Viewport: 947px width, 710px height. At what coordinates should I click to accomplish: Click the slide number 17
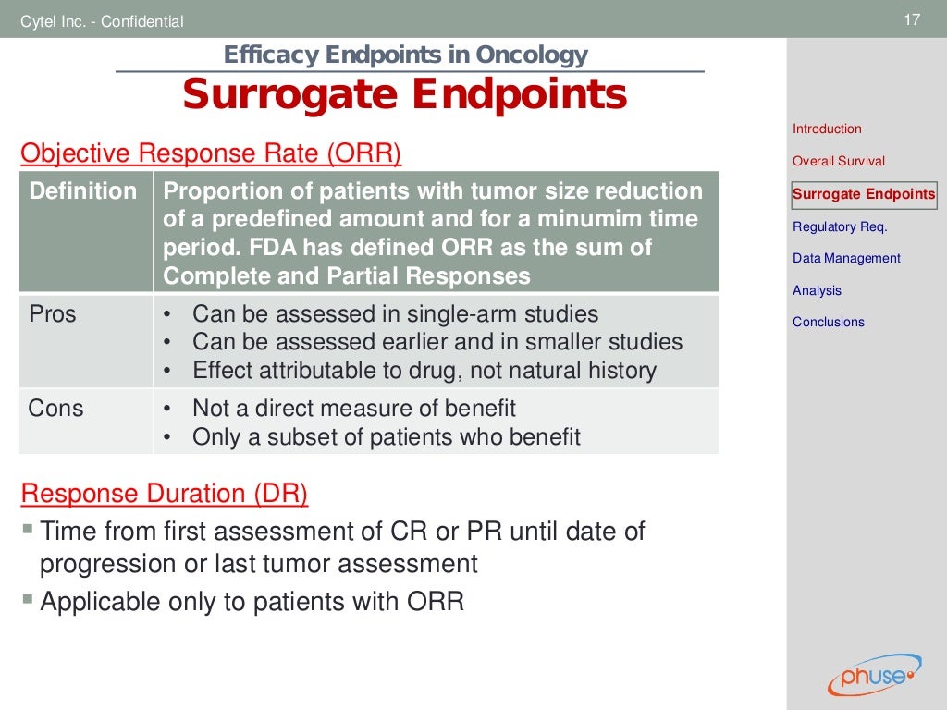click(912, 19)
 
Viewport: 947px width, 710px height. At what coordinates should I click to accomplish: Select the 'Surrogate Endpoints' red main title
click(404, 95)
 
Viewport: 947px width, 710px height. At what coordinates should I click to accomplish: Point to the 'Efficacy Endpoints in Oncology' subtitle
click(405, 55)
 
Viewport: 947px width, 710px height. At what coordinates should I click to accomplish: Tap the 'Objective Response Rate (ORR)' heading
click(211, 153)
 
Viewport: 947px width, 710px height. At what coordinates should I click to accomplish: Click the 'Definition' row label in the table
click(83, 191)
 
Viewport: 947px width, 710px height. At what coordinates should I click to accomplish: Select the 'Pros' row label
click(53, 314)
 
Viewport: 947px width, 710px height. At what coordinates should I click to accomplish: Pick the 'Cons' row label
click(55, 408)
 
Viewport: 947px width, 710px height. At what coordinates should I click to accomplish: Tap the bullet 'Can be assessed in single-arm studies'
click(395, 314)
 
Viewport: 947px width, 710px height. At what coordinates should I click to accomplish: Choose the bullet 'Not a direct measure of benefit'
click(353, 408)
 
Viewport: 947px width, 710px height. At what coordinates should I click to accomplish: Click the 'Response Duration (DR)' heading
click(164, 494)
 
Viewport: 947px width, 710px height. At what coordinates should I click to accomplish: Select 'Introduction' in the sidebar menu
click(827, 129)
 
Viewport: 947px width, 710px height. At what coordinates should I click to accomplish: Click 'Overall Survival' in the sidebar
click(838, 161)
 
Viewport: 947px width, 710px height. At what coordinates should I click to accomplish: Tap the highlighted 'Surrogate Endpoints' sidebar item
click(864, 194)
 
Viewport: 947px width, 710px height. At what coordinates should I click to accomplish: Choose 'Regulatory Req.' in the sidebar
click(840, 226)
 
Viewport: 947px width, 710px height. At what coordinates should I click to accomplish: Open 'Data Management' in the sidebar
click(846, 259)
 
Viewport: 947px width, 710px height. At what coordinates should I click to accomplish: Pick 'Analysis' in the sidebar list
click(817, 290)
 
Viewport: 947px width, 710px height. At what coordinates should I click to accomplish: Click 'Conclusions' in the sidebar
click(828, 322)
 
